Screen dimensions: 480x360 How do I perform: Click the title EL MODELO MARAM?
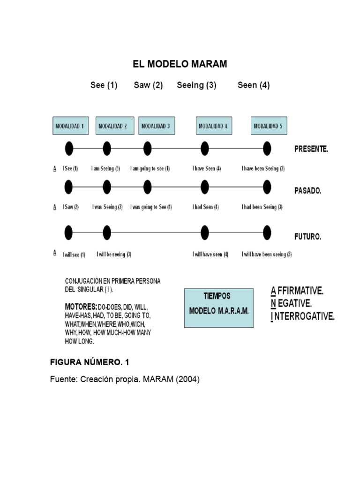[x=180, y=64]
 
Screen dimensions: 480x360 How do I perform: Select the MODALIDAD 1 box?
[x=69, y=126]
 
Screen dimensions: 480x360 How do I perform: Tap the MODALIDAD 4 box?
[x=213, y=126]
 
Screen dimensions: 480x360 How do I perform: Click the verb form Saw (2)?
[x=148, y=85]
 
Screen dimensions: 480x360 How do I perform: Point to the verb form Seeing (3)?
[x=196, y=85]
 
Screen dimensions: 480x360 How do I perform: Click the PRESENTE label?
[x=311, y=149]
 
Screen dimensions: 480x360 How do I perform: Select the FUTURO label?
[x=307, y=237]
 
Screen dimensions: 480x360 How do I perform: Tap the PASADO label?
[x=307, y=191]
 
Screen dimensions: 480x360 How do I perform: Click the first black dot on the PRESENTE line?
[x=69, y=149]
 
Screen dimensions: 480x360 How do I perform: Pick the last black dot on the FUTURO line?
[x=267, y=232]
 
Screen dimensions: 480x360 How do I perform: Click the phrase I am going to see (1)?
[x=150, y=168]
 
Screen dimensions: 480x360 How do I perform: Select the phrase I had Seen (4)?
[x=205, y=207]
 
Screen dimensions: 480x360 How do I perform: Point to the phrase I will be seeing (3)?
[x=114, y=255]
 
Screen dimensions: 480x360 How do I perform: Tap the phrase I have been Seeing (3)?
[x=263, y=168]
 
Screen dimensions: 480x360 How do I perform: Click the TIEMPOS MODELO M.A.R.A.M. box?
[x=219, y=307]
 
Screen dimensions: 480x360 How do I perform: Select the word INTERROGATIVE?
[x=305, y=316]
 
